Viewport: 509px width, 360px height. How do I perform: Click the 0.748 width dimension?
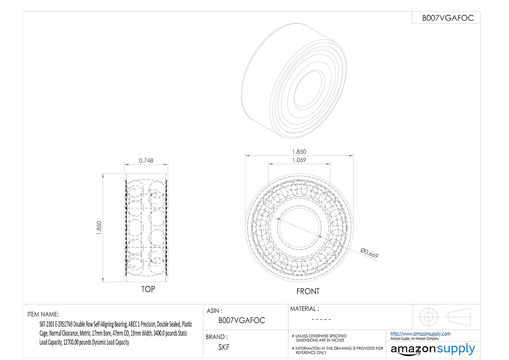[x=146, y=161]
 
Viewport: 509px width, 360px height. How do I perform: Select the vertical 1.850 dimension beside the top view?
[x=99, y=228]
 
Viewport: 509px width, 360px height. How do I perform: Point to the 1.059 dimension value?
[x=299, y=160]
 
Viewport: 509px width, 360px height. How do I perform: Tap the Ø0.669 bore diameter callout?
[x=369, y=253]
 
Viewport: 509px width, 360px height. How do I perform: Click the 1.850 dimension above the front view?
[x=299, y=152]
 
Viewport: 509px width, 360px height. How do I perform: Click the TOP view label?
[x=148, y=289]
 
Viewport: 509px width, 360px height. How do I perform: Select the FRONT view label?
[x=308, y=291]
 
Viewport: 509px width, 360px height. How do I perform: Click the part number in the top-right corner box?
[x=448, y=18]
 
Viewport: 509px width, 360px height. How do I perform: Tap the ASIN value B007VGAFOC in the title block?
[x=242, y=320]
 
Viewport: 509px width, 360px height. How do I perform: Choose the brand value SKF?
[x=224, y=347]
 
